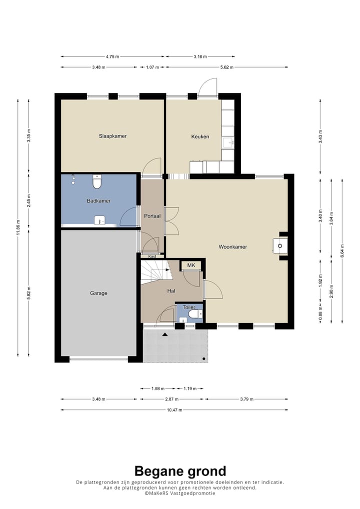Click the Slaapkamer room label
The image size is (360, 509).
pos(112,136)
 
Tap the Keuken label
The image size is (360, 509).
pos(200,136)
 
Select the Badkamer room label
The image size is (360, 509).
pos(98,201)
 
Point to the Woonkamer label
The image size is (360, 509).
pos(233,246)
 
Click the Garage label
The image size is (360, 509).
pos(98,293)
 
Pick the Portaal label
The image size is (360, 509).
pos(152,216)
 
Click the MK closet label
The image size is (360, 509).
pos(191,265)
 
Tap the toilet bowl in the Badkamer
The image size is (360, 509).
pos(96,182)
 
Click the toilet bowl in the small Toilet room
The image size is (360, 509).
pos(195,314)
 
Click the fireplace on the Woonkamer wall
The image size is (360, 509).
pos(280,245)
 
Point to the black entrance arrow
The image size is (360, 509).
pos(165,334)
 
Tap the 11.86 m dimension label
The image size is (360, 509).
pos(18,227)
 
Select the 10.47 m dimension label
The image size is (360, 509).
pos(174,410)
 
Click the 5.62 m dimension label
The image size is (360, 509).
pos(226,67)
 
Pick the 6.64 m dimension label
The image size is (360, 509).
pos(342,251)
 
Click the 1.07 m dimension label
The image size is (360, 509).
pos(152,67)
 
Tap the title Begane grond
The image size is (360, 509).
pos(180,471)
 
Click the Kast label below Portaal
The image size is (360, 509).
pos(152,256)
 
